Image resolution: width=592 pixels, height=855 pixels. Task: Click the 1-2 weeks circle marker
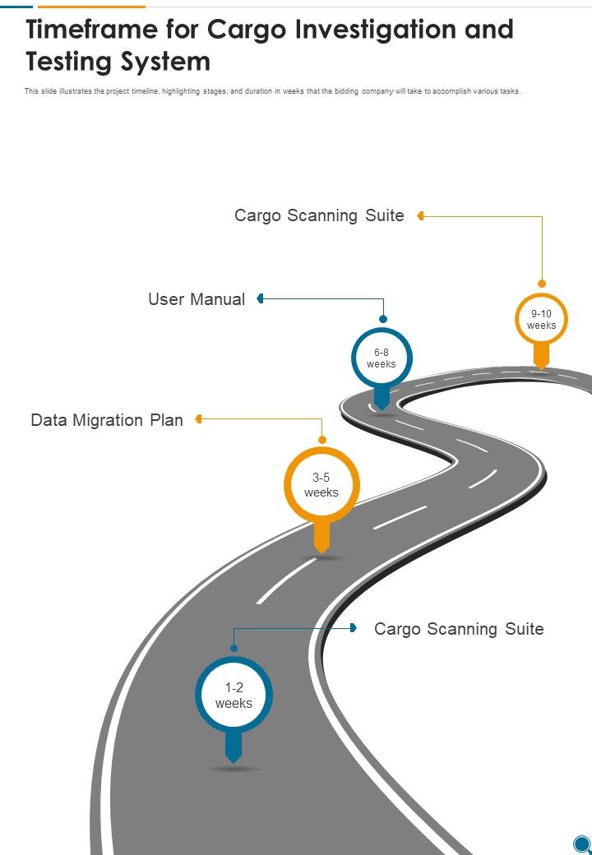pyautogui.click(x=234, y=696)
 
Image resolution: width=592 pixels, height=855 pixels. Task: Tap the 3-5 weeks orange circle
pyautogui.click(x=321, y=485)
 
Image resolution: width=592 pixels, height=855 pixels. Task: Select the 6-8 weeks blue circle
pyautogui.click(x=382, y=358)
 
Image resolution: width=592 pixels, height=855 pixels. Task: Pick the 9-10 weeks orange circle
pyautogui.click(x=541, y=319)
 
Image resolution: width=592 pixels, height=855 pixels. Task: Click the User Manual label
pyautogui.click(x=197, y=299)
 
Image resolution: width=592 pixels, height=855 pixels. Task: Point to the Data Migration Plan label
pyautogui.click(x=107, y=420)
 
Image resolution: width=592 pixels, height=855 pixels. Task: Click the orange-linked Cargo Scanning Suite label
pyautogui.click(x=319, y=215)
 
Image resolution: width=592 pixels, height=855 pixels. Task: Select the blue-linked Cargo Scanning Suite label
pyautogui.click(x=459, y=629)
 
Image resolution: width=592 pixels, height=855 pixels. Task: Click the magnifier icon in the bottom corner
pyautogui.click(x=581, y=843)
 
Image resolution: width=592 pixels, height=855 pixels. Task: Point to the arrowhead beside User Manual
pyautogui.click(x=260, y=298)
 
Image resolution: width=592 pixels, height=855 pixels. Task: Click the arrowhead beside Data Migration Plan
pyautogui.click(x=199, y=419)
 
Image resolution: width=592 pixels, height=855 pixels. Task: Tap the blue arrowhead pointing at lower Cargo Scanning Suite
pyautogui.click(x=354, y=628)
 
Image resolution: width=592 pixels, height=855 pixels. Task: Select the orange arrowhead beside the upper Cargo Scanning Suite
pyautogui.click(x=420, y=215)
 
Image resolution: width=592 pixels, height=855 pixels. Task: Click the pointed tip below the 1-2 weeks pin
pyautogui.click(x=234, y=758)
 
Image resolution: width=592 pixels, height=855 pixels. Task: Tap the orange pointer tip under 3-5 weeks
pyautogui.click(x=321, y=548)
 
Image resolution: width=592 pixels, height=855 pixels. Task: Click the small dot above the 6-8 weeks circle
pyautogui.click(x=382, y=318)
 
